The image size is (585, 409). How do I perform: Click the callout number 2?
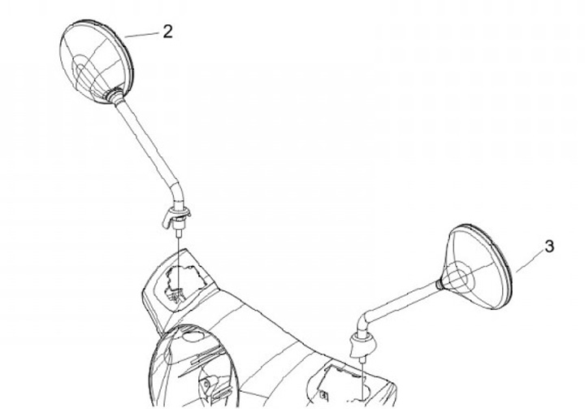point(168,32)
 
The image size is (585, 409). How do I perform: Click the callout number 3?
point(549,247)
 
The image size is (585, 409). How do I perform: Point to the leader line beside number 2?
point(141,35)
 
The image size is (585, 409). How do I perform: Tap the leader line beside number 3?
point(530,262)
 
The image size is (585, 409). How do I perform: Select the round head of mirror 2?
point(96,61)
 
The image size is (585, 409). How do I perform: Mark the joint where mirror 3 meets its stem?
point(440,285)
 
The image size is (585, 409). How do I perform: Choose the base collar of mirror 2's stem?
point(176,216)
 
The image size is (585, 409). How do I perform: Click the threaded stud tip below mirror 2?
point(179,233)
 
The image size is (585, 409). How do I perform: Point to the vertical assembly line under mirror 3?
point(363,377)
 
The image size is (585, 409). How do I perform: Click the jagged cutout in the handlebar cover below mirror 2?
point(184,281)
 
